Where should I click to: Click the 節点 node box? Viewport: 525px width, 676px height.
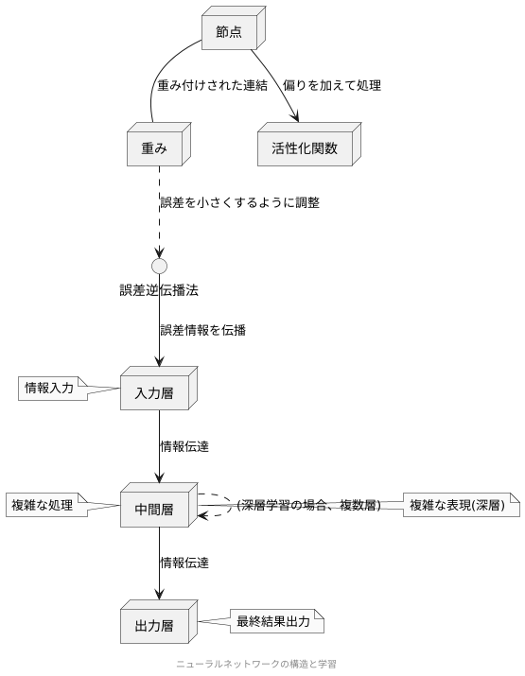click(228, 32)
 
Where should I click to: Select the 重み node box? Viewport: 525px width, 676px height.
click(154, 147)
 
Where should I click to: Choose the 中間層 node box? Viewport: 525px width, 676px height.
click(154, 509)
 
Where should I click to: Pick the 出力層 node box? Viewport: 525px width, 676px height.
click(154, 624)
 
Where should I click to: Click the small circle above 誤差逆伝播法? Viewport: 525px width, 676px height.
click(159, 266)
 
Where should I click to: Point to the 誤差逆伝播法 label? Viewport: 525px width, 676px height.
click(159, 289)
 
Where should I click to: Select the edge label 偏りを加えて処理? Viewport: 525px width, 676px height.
click(331, 86)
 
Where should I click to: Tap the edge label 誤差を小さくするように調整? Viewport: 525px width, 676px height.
click(239, 202)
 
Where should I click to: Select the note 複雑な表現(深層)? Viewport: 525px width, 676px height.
click(463, 506)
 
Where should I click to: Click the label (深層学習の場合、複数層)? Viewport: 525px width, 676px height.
click(308, 506)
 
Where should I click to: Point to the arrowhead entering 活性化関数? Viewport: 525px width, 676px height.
click(296, 117)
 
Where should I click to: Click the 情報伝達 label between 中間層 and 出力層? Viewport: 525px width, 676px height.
click(184, 562)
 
